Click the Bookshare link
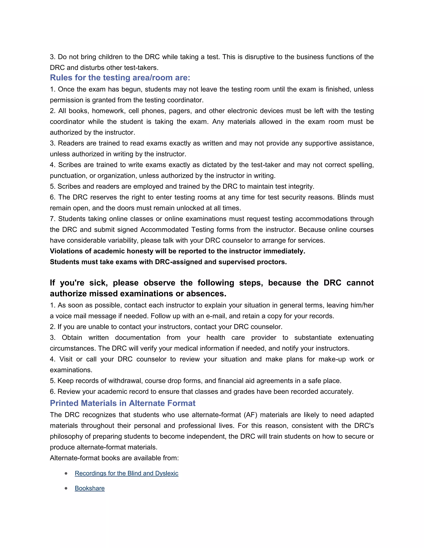tap(90, 488)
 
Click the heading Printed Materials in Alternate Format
tap(123, 403)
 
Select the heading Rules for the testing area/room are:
tap(120, 78)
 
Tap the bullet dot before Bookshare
tap(66, 488)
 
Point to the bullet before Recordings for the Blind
tap(66, 474)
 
